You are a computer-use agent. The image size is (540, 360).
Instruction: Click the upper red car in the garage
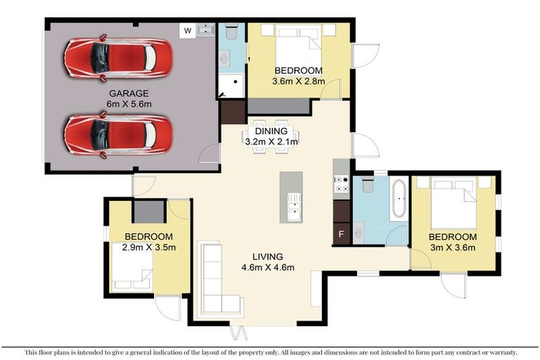pyautogui.click(x=117, y=58)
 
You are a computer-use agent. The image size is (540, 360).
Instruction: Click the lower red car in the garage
pyautogui.click(x=117, y=134)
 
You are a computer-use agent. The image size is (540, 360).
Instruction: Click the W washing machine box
pyautogui.click(x=187, y=31)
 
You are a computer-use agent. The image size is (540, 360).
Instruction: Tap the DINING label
pyautogui.click(x=271, y=131)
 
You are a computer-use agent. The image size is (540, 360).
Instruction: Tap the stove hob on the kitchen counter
pyautogui.click(x=341, y=184)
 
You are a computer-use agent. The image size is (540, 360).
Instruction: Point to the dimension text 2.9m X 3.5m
pyautogui.click(x=148, y=247)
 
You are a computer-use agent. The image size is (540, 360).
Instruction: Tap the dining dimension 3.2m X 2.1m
pyautogui.click(x=271, y=141)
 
